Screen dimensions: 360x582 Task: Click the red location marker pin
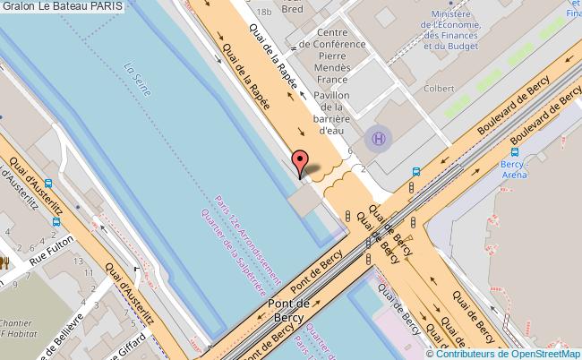301,162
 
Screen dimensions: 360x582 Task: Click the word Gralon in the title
20,6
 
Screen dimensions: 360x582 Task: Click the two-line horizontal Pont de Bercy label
291,311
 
